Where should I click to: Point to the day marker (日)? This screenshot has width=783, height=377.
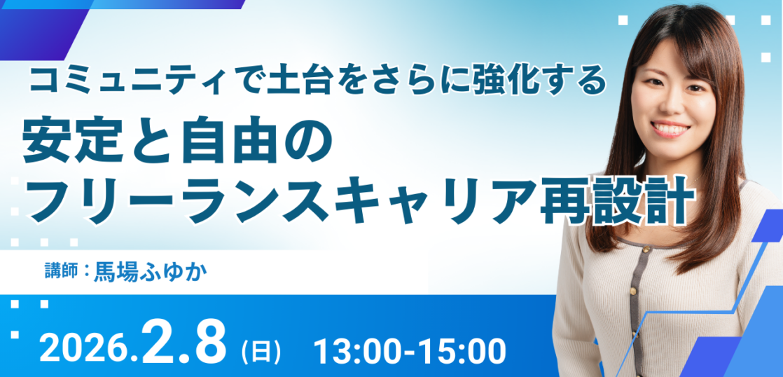click(261, 350)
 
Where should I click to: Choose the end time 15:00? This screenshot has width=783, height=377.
click(466, 350)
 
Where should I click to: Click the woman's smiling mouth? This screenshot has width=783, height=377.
click(670, 128)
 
